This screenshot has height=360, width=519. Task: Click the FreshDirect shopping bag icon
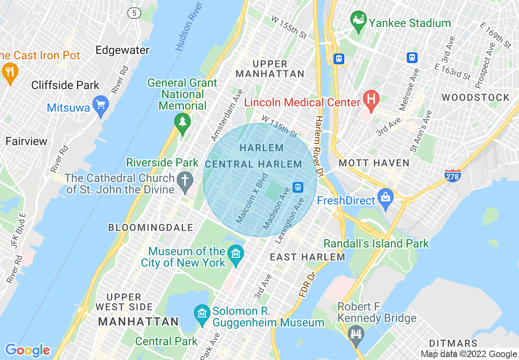386,198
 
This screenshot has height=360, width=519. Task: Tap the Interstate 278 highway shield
453,175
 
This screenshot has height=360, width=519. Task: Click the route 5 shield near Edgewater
134,13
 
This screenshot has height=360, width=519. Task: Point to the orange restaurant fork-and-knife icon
9,72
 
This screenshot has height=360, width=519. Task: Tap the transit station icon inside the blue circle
298,187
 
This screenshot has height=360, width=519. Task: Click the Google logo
27,350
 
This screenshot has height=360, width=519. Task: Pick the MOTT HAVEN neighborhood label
374,163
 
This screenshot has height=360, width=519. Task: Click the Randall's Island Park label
376,243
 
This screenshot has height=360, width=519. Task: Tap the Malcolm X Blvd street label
252,198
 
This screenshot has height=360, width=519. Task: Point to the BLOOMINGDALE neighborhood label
150,227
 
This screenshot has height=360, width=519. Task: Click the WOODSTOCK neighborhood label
476,97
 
